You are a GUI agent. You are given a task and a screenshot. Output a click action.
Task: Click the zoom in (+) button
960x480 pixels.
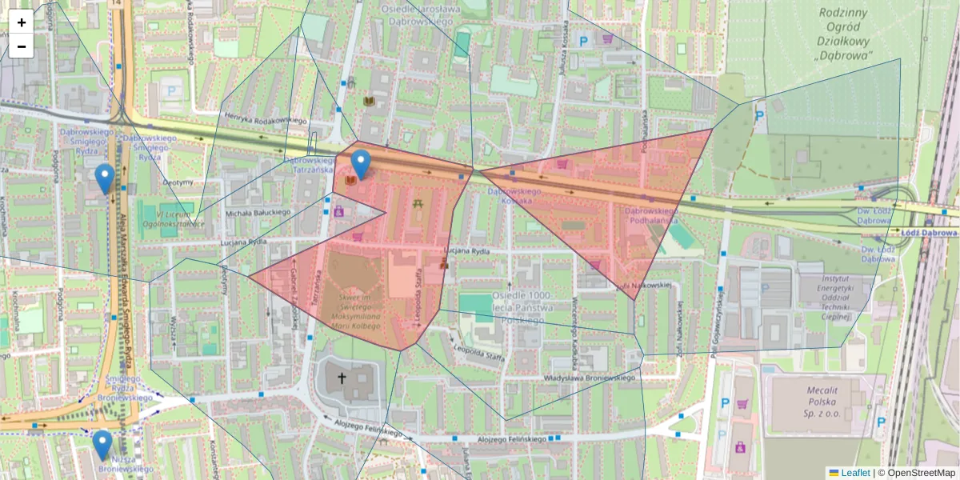click(22, 22)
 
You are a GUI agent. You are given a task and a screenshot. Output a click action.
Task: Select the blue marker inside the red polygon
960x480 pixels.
click(361, 165)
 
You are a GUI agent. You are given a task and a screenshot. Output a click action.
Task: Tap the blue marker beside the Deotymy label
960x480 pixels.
click(104, 178)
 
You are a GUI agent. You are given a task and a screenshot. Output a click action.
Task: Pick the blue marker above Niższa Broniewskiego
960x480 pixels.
click(102, 445)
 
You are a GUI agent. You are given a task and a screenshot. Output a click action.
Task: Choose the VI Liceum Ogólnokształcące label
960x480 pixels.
click(170, 219)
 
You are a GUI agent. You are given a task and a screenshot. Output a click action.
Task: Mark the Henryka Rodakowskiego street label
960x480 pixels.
click(255, 120)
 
